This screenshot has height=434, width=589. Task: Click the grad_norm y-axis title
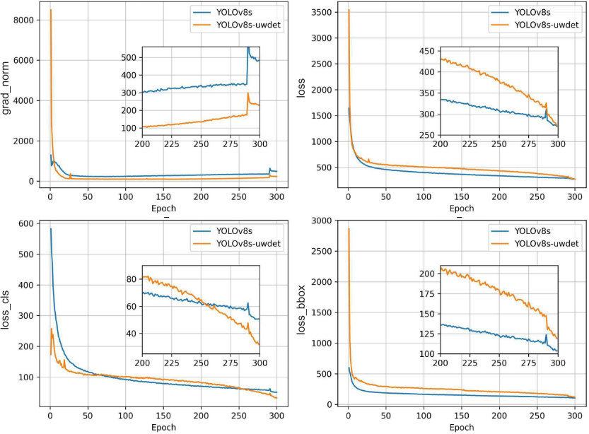(8, 93)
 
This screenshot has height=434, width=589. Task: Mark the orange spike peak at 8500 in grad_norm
(50, 10)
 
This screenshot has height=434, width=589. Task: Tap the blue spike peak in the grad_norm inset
(247, 48)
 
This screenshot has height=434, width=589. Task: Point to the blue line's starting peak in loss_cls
(50, 229)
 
